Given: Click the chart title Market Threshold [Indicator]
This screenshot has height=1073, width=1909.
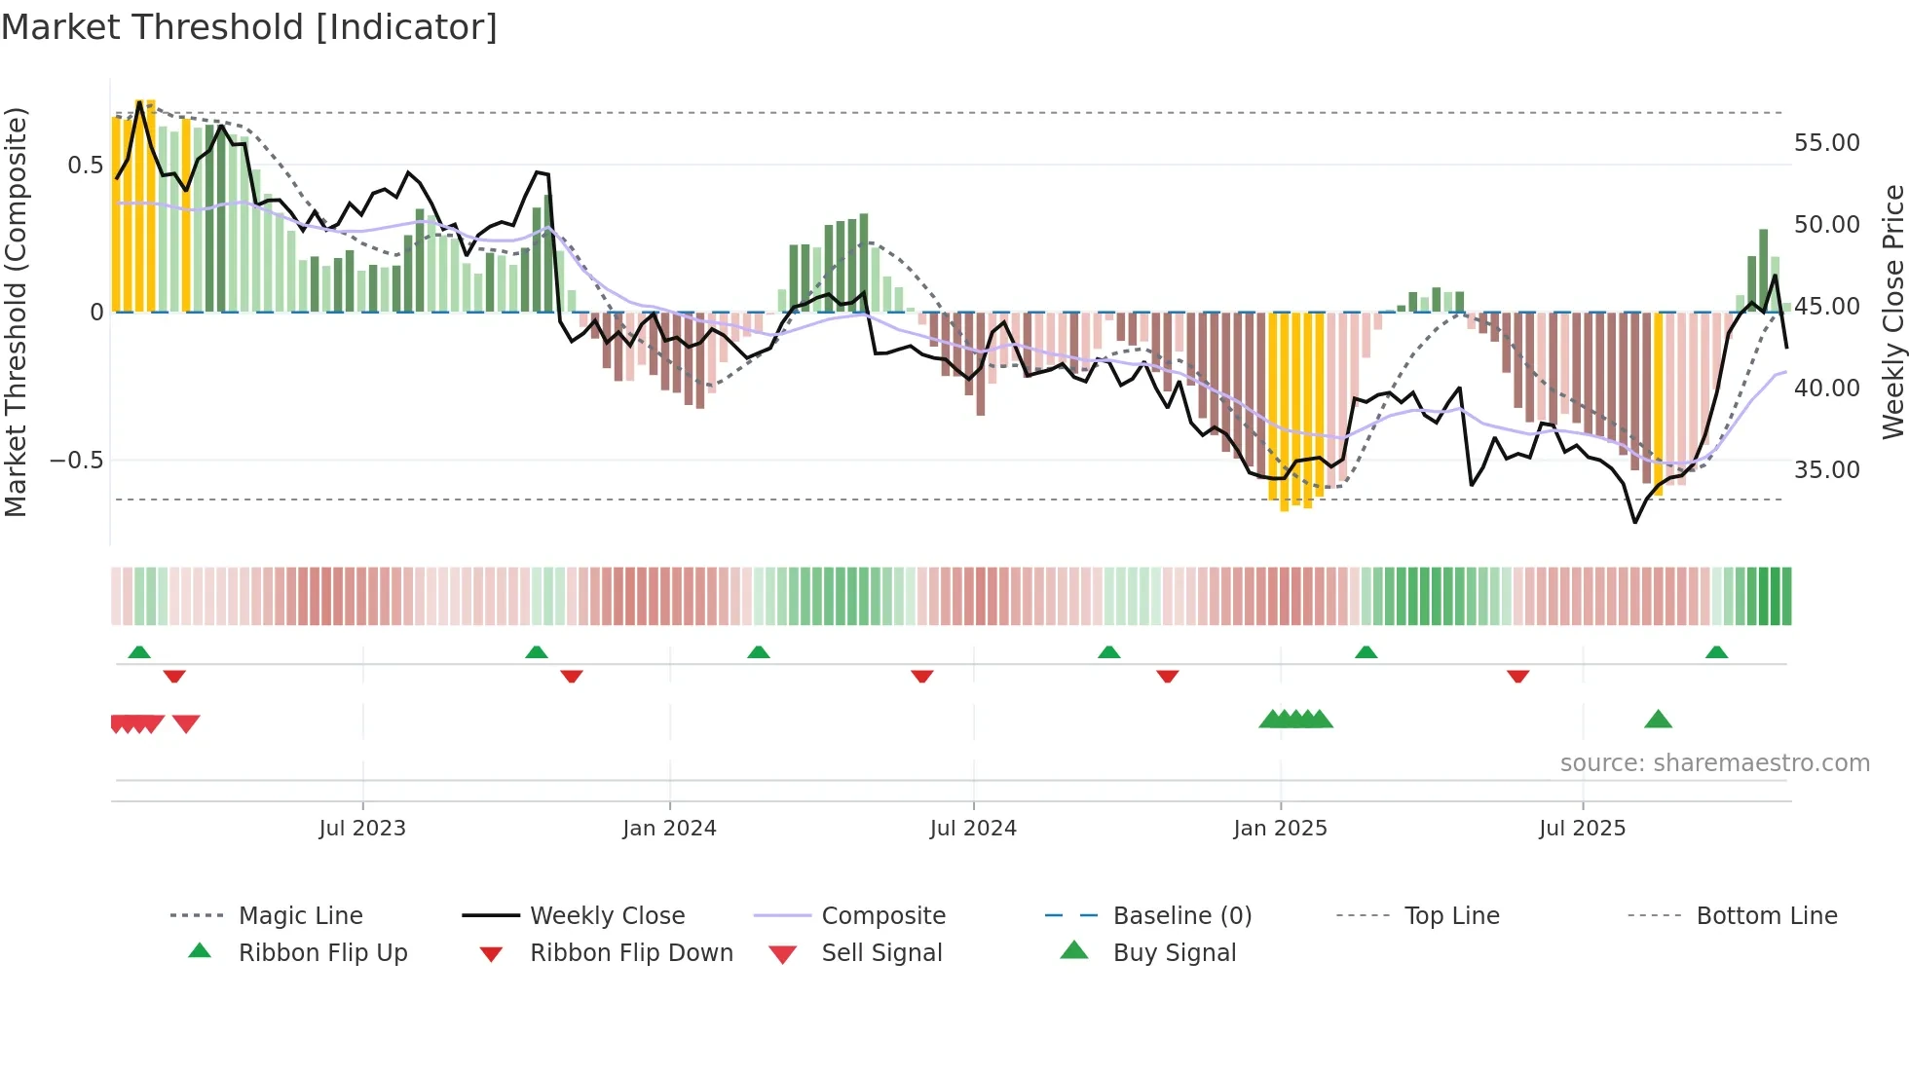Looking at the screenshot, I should point(249,27).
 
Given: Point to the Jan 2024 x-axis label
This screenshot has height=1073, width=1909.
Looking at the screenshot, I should point(669,829).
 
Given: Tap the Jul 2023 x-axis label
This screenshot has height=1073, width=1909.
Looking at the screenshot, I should point(362,829).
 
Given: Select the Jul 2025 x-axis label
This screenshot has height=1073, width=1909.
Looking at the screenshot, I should point(1582,829).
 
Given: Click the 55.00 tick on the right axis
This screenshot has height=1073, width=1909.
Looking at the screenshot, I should point(1826,143).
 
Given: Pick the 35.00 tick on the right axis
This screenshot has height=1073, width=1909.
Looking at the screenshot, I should point(1826,470).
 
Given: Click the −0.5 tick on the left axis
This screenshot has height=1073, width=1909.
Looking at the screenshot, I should point(77,461).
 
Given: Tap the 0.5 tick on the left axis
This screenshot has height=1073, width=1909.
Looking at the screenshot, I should point(85,166).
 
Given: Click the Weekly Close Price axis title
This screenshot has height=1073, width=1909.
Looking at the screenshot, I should point(1892,312).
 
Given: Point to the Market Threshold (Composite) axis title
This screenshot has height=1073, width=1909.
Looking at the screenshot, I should point(16,312).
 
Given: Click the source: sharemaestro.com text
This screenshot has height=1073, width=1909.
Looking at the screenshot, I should point(1714,763).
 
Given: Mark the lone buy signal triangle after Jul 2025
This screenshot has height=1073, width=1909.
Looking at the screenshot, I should point(1658,721).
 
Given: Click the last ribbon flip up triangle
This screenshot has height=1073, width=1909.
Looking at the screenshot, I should point(1716,652).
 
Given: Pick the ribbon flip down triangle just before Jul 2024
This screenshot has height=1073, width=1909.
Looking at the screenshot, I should point(922,676).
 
